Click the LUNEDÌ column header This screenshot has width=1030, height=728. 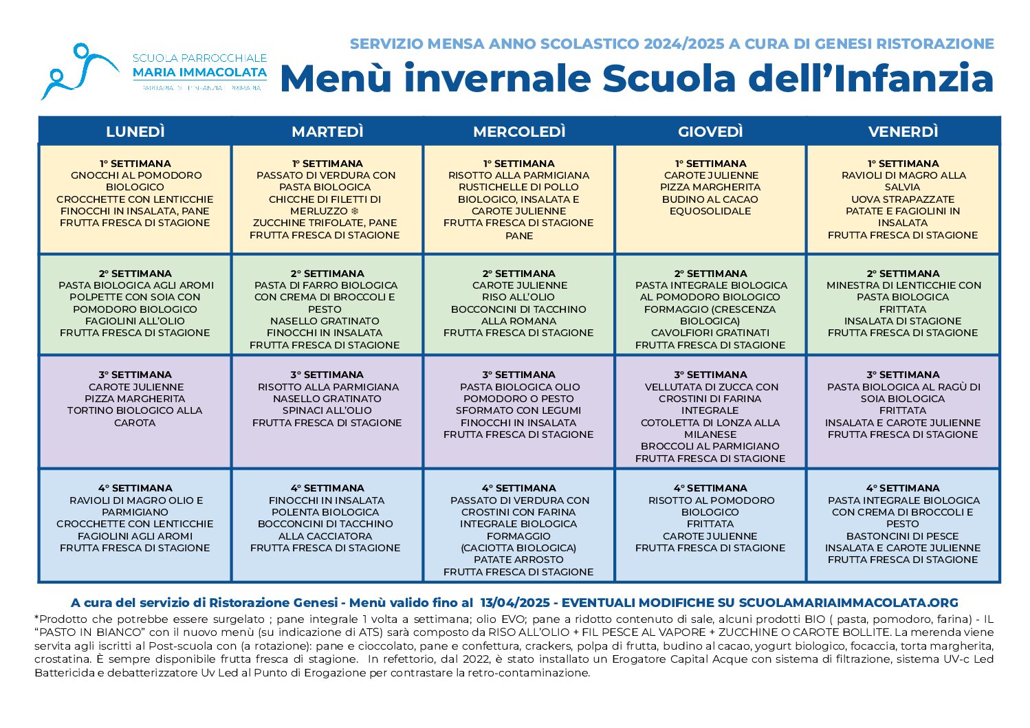(135, 131)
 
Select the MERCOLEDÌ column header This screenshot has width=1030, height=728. (519, 131)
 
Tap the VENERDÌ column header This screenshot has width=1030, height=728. (903, 131)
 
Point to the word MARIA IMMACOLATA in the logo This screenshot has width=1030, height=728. (199, 72)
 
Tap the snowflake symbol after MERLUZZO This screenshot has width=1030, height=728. (355, 211)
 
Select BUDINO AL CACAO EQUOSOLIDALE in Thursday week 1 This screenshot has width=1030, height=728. (710, 205)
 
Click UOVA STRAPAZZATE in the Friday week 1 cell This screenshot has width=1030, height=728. (903, 199)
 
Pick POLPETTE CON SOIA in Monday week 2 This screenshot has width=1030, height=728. (135, 297)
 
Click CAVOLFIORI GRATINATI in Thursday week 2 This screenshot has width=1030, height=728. (710, 333)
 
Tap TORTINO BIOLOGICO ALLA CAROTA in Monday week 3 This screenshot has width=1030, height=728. (135, 416)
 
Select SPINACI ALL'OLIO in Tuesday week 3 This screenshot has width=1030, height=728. (327, 410)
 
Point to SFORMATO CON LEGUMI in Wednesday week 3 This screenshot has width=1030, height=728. (519, 410)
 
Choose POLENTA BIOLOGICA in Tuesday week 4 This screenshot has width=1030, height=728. (325, 512)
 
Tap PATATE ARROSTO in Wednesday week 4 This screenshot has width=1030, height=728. (519, 560)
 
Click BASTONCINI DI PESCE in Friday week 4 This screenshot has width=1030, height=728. (903, 536)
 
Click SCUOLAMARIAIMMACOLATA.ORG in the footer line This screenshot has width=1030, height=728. (848, 603)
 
